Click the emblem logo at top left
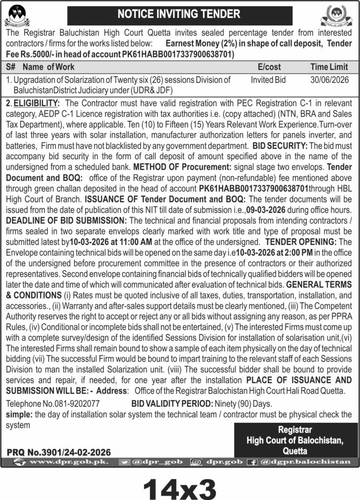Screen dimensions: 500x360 coord(17,16)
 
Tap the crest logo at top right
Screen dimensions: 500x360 coord(337,16)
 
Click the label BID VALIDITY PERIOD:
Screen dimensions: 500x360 coord(172,404)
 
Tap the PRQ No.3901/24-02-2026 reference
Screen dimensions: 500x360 coord(59,453)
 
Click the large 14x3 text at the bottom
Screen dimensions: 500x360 coord(180,486)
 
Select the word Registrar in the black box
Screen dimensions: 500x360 coord(295,430)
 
